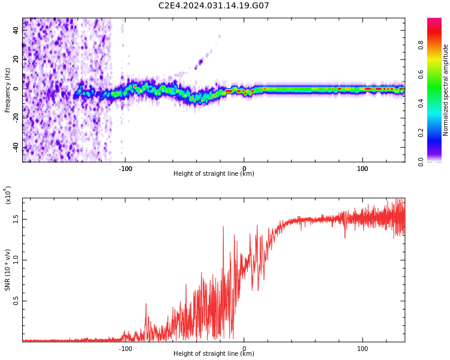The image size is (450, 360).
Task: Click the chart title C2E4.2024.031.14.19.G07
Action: [214, 6]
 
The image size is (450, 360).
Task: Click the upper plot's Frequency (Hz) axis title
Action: [8, 90]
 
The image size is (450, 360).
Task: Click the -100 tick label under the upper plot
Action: [125, 169]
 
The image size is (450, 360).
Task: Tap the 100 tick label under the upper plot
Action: [362, 169]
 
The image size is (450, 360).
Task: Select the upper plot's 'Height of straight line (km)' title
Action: [214, 174]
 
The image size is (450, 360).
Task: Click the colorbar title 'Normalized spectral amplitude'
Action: [446, 90]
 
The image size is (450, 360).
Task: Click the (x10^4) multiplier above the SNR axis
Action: [8, 195]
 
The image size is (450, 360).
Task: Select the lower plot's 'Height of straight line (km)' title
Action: [214, 354]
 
